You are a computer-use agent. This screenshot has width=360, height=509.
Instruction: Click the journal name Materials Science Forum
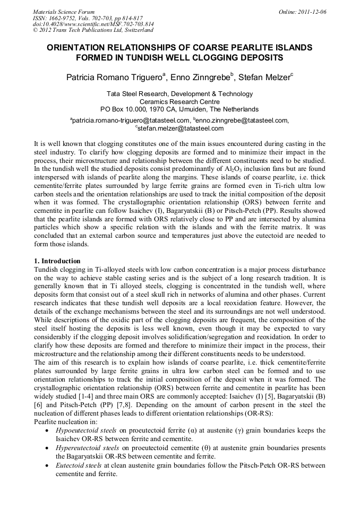coord(64,12)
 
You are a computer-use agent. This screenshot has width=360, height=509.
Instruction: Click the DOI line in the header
coord(93,24)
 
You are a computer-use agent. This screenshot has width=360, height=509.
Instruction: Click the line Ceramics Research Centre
coord(179,101)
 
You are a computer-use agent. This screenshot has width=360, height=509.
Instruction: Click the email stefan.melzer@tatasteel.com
coord(181,128)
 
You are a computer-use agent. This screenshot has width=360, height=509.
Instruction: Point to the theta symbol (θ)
coord(199,448)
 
